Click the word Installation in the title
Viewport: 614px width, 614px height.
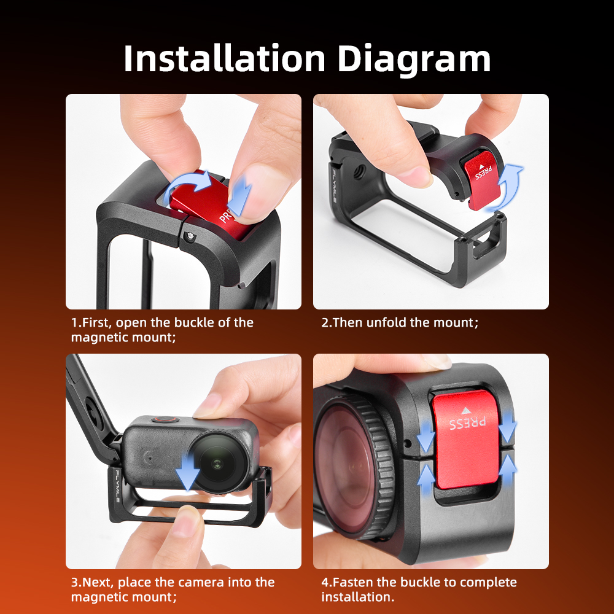click(x=224, y=59)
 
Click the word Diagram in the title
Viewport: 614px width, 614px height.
click(x=413, y=60)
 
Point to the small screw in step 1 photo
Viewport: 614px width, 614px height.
click(x=190, y=236)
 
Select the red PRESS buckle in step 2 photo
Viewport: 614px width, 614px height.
click(x=481, y=180)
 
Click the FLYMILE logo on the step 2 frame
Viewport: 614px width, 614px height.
click(x=335, y=185)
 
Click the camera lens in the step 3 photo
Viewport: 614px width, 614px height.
click(x=217, y=462)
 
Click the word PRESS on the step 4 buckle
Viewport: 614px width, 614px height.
click(x=467, y=423)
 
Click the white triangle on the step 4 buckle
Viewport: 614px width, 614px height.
click(x=465, y=411)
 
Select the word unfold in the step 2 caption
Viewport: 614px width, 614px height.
click(x=386, y=322)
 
